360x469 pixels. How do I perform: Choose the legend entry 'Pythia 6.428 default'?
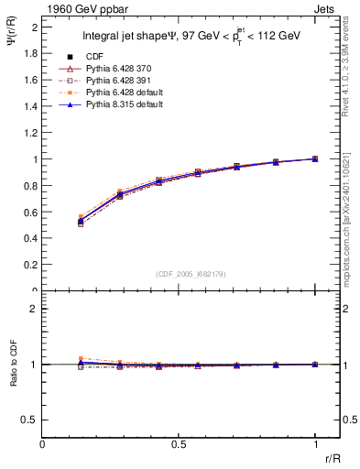coord(123,93)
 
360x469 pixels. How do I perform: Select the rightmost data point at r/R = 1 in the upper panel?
coord(315,158)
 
